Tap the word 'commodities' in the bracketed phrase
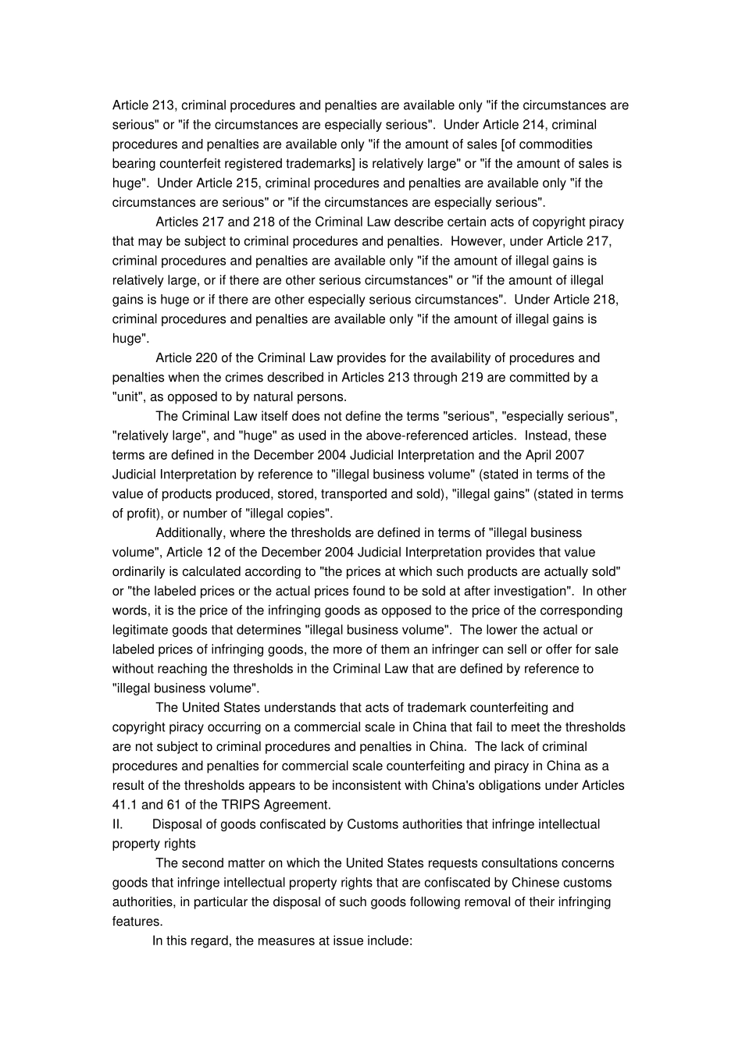click(x=556, y=144)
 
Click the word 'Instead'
click(x=548, y=436)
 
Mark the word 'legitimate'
click(x=141, y=630)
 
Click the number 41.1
click(x=125, y=805)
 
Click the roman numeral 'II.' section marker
click(x=118, y=824)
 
